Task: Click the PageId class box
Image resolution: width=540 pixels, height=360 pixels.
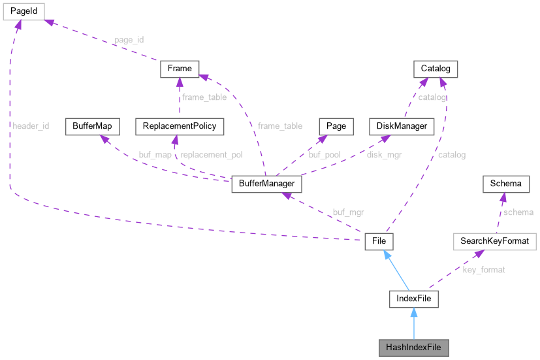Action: coord(22,11)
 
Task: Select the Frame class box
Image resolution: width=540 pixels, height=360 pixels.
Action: coord(180,69)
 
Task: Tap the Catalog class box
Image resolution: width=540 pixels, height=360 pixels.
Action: coord(436,69)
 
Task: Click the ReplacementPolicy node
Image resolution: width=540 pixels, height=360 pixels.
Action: coord(180,126)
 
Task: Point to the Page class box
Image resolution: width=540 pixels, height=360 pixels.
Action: coord(336,126)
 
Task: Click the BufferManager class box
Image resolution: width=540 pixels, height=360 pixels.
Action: coord(267,184)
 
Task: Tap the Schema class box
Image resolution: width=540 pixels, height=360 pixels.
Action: coord(505,184)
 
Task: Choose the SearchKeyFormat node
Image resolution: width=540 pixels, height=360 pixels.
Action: coord(494,241)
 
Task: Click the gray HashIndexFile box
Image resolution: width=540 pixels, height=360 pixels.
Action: coord(414,347)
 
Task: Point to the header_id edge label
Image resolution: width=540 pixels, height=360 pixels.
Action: coord(30,126)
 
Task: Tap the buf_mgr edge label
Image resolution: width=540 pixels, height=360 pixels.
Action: coord(347,212)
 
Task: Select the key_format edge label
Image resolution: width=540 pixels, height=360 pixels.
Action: coord(484,270)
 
